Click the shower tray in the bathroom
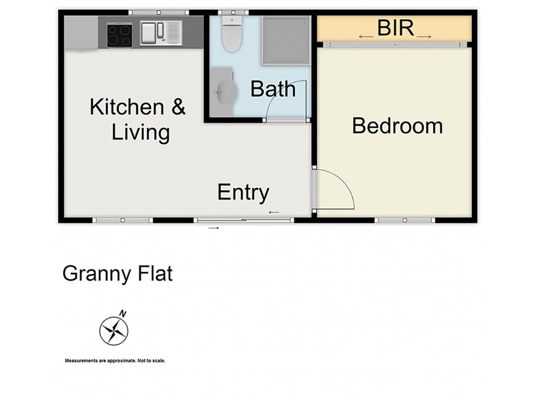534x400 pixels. click(x=285, y=39)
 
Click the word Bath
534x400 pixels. click(x=272, y=89)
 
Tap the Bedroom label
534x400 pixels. click(x=397, y=125)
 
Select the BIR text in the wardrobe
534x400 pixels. click(x=396, y=29)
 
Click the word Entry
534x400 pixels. click(x=243, y=193)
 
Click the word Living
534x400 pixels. click(x=140, y=132)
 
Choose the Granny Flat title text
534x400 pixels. click(x=117, y=273)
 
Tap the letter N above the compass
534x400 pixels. click(x=122, y=313)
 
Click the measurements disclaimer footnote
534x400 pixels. click(x=115, y=361)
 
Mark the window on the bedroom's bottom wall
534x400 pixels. click(x=405, y=219)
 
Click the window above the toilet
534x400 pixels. click(x=233, y=12)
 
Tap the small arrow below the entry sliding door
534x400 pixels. click(x=214, y=228)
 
